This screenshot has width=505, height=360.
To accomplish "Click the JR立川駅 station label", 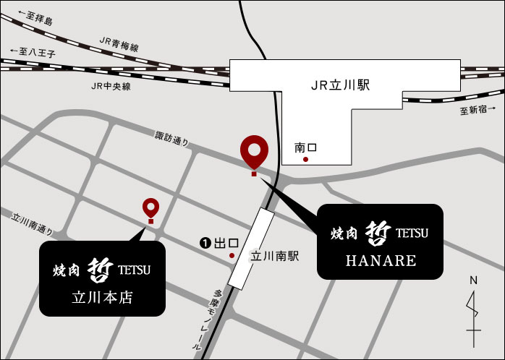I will click(340, 85).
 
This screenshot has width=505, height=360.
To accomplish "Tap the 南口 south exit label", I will click(305, 147).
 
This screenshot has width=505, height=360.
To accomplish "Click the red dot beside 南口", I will click(306, 158).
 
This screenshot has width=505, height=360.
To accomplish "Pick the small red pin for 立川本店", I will click(150, 208).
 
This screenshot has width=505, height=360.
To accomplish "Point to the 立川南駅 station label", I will click(274, 256).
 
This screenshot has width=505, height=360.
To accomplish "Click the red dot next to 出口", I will click(232, 255).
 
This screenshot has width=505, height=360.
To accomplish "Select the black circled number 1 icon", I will click(205, 244).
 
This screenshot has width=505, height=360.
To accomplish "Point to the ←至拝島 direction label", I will click(28, 18).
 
